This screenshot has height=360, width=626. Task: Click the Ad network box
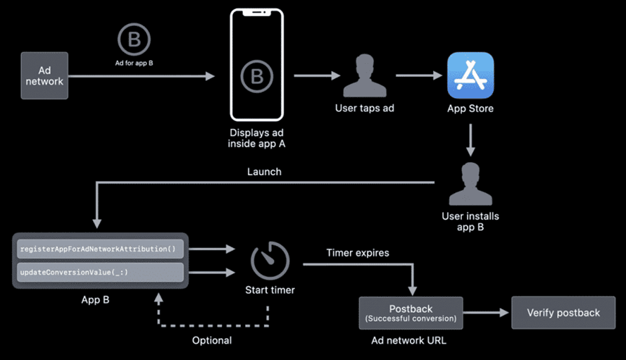(x=44, y=75)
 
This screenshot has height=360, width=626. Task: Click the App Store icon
(x=470, y=75)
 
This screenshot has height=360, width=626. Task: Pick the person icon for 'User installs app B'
(x=470, y=184)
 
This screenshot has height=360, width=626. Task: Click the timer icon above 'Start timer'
(x=270, y=261)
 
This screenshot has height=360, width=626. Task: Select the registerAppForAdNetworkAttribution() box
(x=99, y=248)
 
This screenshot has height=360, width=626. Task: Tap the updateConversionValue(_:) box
(x=99, y=272)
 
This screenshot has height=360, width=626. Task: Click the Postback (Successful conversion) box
(x=411, y=313)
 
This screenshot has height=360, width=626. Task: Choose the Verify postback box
(x=563, y=313)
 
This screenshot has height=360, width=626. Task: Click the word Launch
(x=264, y=171)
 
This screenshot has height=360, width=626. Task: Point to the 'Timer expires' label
(x=357, y=252)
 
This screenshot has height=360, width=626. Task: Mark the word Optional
(x=212, y=340)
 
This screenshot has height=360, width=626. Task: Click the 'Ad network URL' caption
(x=411, y=340)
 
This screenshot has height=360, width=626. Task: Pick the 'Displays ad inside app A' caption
(x=256, y=138)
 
